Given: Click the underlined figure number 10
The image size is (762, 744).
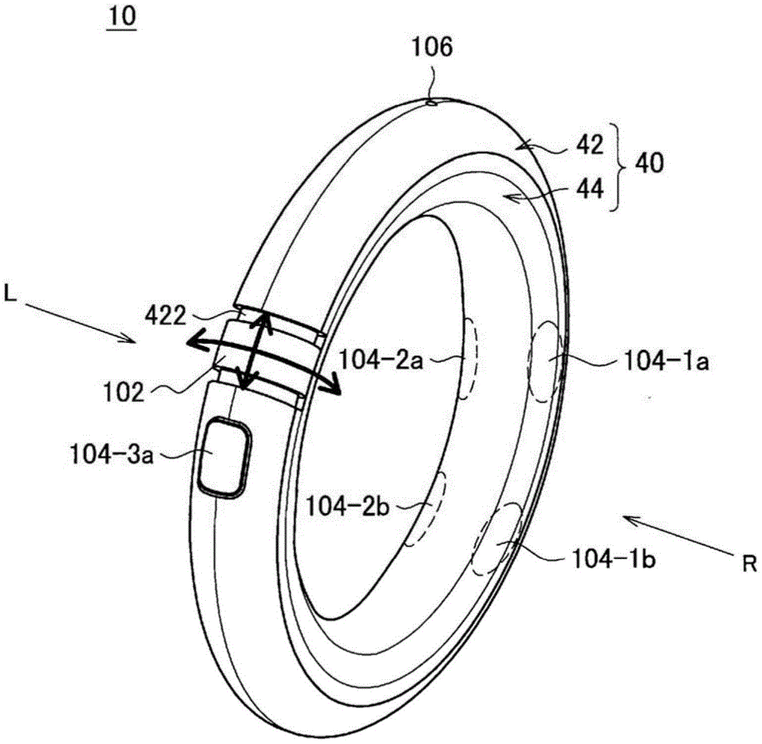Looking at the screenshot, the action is tap(123, 17).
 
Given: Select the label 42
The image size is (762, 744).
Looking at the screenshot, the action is tap(590, 144).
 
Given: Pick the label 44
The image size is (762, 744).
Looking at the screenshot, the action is tap(590, 188).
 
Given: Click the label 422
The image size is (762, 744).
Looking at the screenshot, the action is tap(165, 317).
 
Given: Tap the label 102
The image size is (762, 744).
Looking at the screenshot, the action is tap(124, 392).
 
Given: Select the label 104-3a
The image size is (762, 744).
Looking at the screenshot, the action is tap(112, 455).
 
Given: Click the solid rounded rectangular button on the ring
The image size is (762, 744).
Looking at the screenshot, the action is tap(226, 458).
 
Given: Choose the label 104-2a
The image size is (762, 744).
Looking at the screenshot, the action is tap(381, 360).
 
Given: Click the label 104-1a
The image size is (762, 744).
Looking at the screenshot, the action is tap(666, 361).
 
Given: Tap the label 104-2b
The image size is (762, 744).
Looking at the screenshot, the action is tap(347, 507).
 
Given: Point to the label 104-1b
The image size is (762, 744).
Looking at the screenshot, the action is tap(613, 560).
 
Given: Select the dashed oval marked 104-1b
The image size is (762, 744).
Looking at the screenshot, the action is tap(496, 539).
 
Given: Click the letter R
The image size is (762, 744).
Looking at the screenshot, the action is tap(749, 564).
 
